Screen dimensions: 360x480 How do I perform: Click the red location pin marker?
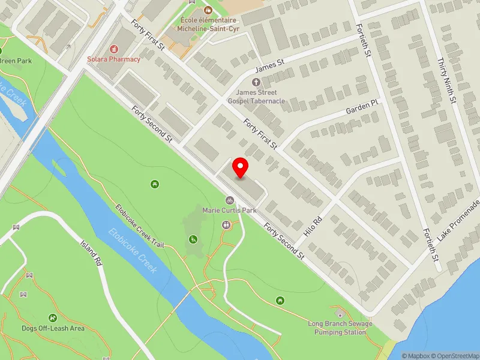241,168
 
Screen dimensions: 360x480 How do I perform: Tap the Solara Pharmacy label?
114,59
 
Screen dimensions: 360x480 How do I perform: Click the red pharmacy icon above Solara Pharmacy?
114,49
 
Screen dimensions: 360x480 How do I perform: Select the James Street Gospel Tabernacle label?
260,97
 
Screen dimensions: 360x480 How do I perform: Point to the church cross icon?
256,82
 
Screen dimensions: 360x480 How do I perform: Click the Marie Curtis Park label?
229,211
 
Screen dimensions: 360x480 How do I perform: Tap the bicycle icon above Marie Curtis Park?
229,200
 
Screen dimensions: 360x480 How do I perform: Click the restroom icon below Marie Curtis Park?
226,225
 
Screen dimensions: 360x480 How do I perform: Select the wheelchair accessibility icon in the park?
193,239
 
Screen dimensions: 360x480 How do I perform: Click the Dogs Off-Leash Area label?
53,328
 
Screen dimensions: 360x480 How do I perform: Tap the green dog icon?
53,318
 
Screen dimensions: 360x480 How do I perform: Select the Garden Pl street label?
362,107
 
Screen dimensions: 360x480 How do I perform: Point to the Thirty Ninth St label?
448,79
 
